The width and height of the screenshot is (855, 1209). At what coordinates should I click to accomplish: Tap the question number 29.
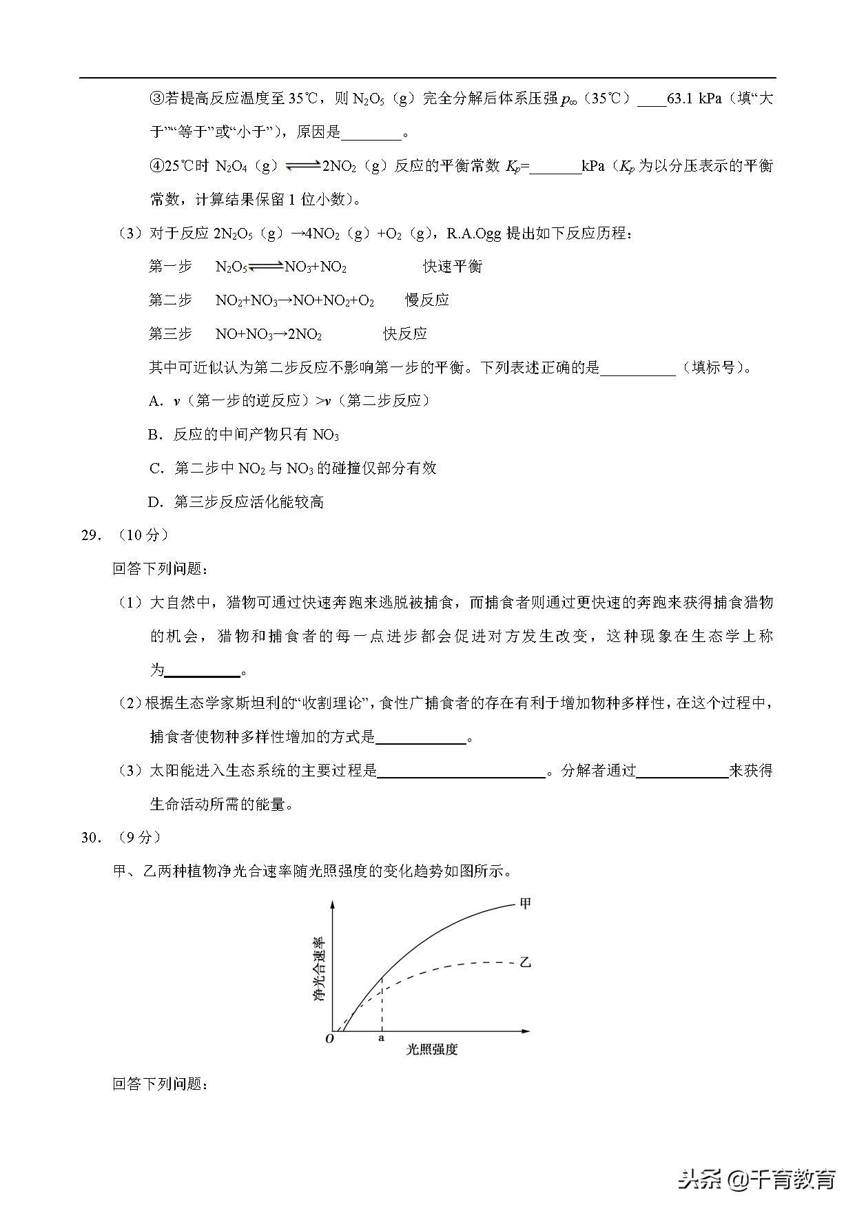pyautogui.click(x=91, y=535)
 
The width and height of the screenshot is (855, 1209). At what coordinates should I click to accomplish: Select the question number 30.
pyautogui.click(x=91, y=838)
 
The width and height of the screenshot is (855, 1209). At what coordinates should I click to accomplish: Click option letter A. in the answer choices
pyautogui.click(x=156, y=401)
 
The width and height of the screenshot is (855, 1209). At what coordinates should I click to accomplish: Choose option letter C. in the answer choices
pyautogui.click(x=156, y=468)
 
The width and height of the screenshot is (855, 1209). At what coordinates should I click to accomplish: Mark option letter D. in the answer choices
pyautogui.click(x=156, y=502)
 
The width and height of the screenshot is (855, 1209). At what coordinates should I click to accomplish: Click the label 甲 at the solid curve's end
pyautogui.click(x=525, y=902)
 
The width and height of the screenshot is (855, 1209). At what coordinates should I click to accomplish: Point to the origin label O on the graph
pyautogui.click(x=329, y=1038)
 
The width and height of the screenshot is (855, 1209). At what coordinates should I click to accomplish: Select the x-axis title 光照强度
pyautogui.click(x=432, y=1049)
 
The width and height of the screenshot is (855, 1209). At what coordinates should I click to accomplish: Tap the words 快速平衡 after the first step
pyautogui.click(x=453, y=267)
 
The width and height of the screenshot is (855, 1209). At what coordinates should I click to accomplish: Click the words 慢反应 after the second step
pyautogui.click(x=427, y=300)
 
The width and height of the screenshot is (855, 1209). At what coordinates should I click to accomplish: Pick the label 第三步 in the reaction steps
pyautogui.click(x=170, y=334)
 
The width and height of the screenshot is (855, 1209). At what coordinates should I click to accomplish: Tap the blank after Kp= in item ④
pyautogui.click(x=555, y=167)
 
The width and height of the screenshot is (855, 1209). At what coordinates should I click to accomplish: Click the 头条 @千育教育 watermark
pyautogui.click(x=756, y=1179)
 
